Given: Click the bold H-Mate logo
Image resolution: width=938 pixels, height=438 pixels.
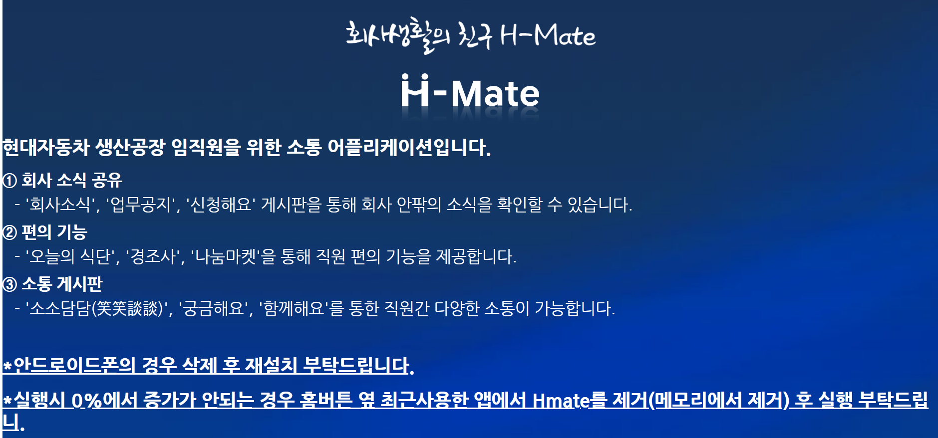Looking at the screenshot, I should coord(470,93).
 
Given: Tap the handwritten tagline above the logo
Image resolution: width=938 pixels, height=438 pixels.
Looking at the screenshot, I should coord(470,35).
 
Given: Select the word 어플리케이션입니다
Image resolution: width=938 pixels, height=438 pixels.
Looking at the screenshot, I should coord(409,147).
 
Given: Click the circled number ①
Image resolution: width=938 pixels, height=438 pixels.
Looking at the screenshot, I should coord(10,181).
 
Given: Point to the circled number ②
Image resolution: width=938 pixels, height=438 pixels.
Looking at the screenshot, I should coord(10,232).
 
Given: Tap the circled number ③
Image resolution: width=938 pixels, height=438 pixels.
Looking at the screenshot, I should coord(10,284).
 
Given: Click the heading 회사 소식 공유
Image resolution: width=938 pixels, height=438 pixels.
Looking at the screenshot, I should coord(72,180).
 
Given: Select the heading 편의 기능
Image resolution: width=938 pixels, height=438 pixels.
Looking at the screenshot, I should coord(54,232).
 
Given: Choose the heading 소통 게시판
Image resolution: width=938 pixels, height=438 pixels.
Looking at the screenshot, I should coord(62,284).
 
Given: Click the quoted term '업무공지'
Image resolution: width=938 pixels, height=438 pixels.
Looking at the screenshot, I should coord(141,205).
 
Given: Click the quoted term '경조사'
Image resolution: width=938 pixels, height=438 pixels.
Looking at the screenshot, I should coord(152,256).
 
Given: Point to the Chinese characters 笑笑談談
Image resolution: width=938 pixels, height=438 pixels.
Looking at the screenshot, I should coord(127,308).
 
